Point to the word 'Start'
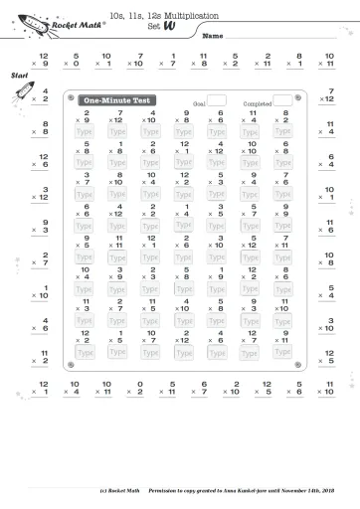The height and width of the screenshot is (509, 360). coord(18,76)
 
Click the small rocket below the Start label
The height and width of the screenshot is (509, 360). coord(20,94)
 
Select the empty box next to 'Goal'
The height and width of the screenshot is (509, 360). coord(216,100)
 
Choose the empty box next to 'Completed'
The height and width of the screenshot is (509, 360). coord(282,100)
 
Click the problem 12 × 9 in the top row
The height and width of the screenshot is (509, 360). coord(39,60)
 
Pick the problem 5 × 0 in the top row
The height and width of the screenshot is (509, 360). coord(72,60)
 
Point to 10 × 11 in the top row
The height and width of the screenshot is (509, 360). coord(327,60)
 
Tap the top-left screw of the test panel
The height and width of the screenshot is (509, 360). coord(71,96)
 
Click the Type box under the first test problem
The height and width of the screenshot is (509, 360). coord(86,131)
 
